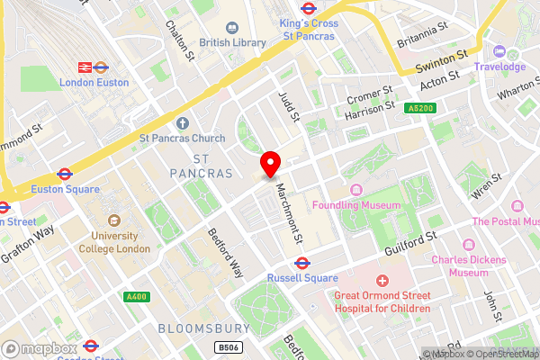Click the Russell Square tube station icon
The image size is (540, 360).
(303, 264)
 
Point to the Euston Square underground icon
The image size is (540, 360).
(64, 174)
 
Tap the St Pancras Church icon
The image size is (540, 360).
(183, 123)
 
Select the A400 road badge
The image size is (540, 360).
(137, 296)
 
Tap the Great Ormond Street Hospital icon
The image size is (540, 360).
(382, 282)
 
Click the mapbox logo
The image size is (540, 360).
(40, 348)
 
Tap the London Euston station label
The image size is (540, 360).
(93, 82)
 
